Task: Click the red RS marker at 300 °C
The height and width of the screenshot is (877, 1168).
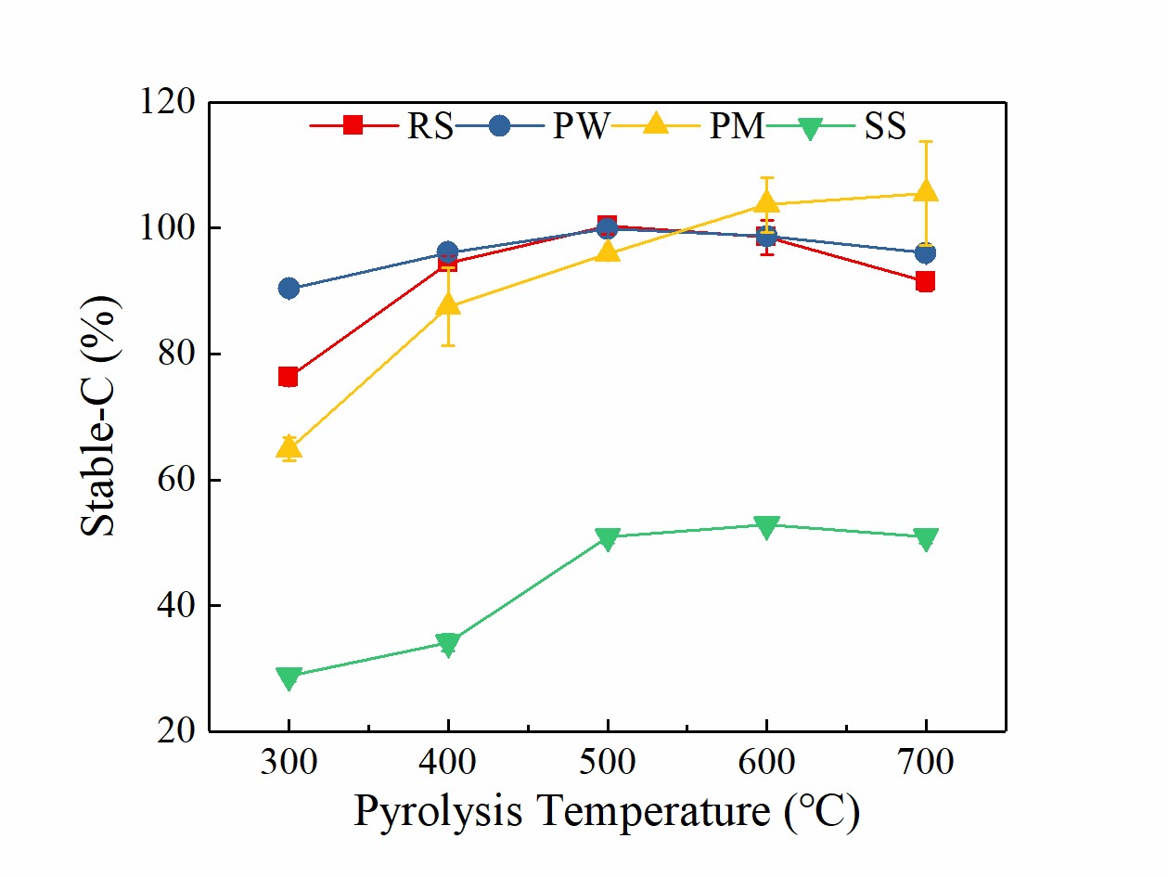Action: (289, 377)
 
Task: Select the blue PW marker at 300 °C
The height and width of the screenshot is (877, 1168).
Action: (289, 289)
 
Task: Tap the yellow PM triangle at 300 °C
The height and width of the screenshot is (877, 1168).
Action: (289, 448)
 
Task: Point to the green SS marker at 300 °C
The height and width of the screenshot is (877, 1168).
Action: (289, 677)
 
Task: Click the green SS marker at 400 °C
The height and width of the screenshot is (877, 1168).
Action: (448, 644)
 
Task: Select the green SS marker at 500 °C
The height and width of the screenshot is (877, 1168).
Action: (608, 538)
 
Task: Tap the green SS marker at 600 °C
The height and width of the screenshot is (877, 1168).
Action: (766, 526)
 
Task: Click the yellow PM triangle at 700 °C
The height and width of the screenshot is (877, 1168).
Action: (926, 191)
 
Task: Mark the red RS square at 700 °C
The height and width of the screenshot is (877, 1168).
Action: (926, 282)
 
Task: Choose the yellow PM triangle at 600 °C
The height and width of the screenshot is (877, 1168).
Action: (766, 202)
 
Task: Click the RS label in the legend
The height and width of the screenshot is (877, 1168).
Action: (430, 125)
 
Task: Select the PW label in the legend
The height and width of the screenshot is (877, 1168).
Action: (580, 125)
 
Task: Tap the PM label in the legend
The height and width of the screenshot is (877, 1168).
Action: (738, 125)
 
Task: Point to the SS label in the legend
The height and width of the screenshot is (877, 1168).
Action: (884, 125)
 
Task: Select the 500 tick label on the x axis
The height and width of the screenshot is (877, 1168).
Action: (608, 763)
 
